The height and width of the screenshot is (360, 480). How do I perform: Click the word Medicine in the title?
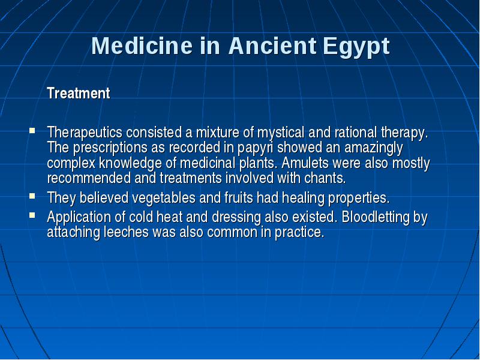142,46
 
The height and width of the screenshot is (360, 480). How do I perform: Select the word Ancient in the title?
272,46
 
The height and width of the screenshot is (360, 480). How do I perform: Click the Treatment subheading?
79,93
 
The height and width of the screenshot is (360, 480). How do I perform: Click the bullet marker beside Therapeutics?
32,131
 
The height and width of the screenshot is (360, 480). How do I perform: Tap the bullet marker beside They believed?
32,196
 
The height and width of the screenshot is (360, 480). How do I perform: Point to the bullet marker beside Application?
32,215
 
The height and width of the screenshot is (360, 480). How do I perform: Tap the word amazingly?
373,148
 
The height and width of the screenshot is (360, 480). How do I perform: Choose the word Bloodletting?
375,217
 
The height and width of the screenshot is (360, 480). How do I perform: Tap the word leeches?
126,232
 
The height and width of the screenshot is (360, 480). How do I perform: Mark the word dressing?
236,217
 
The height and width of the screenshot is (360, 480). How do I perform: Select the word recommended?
89,178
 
